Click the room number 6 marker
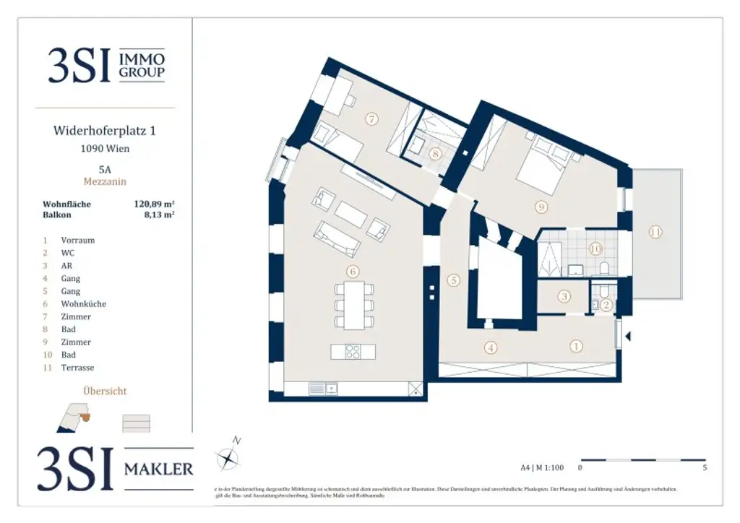(352, 272)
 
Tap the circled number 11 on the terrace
(655, 232)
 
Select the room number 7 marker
(371, 119)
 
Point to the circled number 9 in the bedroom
(541, 207)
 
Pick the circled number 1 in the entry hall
(576, 346)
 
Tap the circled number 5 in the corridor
(453, 280)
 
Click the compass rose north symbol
(228, 456)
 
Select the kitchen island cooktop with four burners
(353, 351)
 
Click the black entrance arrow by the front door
(627, 336)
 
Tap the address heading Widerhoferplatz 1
(105, 131)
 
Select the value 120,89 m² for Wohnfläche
(155, 204)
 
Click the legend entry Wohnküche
(83, 304)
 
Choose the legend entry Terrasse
(77, 368)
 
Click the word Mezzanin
(105, 182)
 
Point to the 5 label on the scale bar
(705, 467)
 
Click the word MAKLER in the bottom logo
(159, 469)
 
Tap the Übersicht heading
(105, 391)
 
